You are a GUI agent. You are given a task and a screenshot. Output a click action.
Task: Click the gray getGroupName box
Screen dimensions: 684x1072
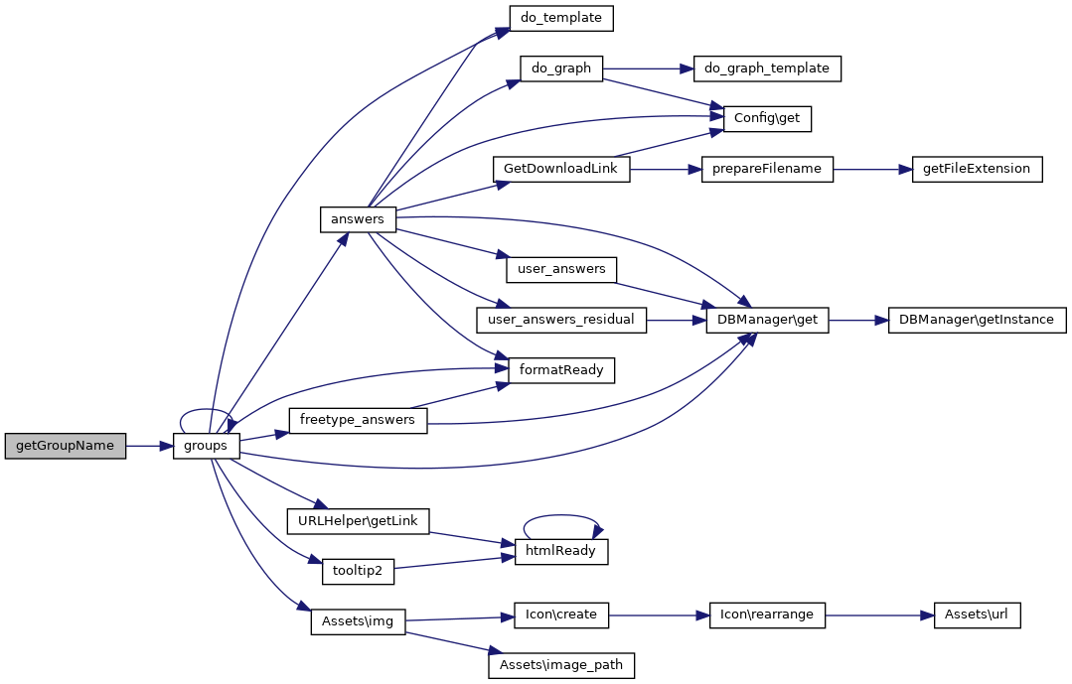(x=66, y=446)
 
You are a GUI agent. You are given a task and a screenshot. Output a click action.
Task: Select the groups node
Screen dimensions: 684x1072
(x=206, y=446)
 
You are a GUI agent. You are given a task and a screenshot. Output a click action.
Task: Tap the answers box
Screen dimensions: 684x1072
(x=358, y=218)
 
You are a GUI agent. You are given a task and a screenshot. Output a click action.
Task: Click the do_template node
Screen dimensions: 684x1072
(x=560, y=18)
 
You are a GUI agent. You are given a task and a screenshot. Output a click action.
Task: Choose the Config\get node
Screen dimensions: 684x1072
(x=767, y=118)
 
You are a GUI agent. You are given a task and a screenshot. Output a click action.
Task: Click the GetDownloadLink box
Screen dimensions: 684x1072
(x=561, y=169)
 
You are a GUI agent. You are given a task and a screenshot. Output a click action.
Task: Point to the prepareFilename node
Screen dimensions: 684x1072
(x=767, y=169)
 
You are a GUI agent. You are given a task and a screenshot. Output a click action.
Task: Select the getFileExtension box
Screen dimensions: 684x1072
(x=978, y=169)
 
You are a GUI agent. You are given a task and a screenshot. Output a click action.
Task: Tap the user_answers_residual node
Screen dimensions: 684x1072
(x=561, y=320)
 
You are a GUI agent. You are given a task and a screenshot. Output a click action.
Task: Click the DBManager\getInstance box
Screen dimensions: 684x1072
(x=977, y=320)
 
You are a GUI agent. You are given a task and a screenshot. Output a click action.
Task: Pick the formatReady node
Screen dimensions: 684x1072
(x=561, y=370)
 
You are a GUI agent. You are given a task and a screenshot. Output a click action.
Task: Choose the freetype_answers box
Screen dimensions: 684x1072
(x=357, y=420)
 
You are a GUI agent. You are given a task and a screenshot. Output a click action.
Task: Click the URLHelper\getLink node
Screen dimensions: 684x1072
(x=358, y=520)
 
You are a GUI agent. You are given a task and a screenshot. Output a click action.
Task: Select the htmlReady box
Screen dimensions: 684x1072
(x=560, y=551)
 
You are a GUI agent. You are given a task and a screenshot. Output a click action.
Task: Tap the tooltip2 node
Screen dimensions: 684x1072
(x=358, y=571)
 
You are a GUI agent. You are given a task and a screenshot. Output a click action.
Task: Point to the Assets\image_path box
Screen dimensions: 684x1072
(x=561, y=665)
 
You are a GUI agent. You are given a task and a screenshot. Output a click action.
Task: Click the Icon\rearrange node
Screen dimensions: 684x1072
(x=767, y=615)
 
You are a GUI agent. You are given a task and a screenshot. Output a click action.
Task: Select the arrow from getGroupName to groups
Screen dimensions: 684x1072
(x=149, y=446)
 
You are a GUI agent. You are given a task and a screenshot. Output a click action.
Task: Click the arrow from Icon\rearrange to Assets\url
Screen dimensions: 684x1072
(x=879, y=615)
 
